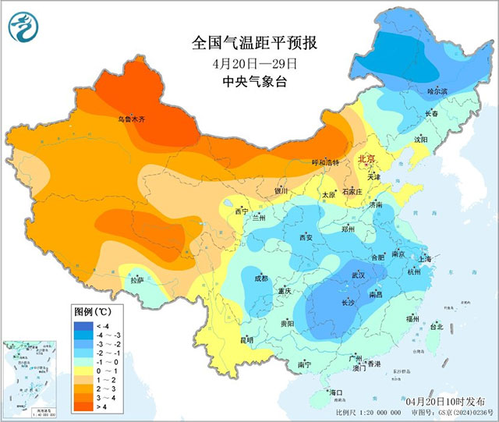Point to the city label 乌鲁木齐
[x=131, y=119]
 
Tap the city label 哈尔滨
[x=437, y=91]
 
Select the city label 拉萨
[x=137, y=279]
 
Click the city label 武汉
[x=358, y=275]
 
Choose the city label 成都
[x=260, y=278]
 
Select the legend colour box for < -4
[x=81, y=325]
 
